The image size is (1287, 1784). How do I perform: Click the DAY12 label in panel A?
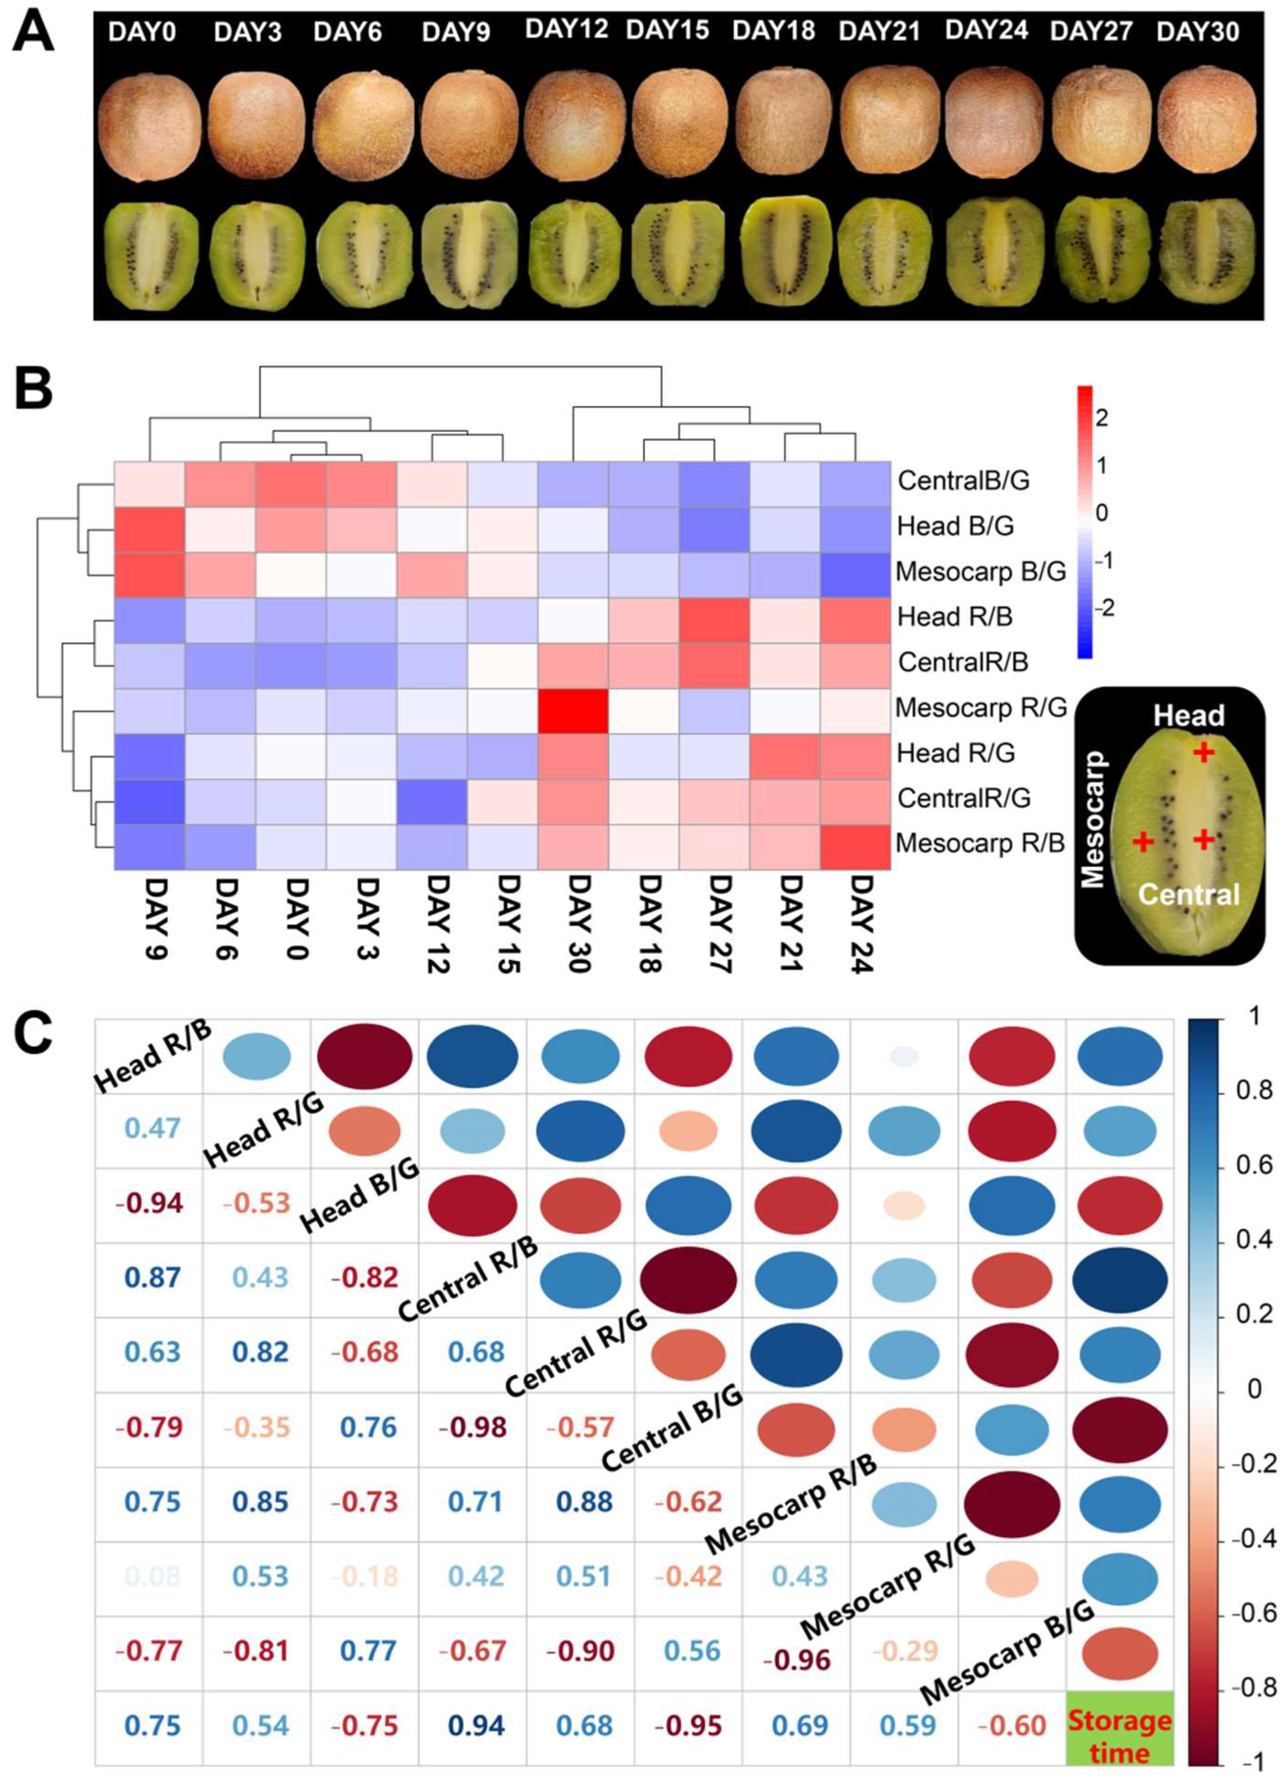click(566, 30)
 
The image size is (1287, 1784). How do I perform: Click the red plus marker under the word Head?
click(1203, 753)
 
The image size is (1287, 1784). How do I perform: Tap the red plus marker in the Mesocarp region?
click(1144, 841)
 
